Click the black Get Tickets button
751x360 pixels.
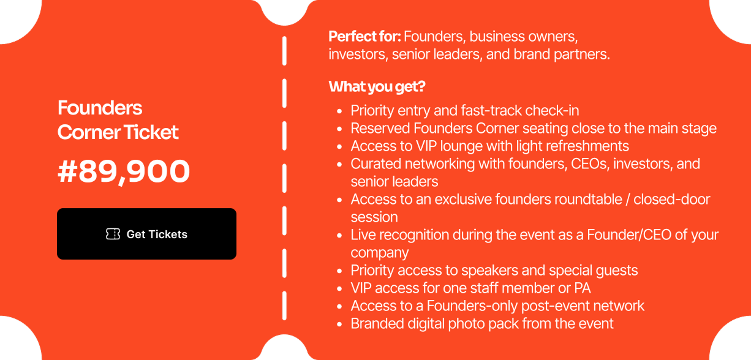(146, 234)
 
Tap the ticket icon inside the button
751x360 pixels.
(113, 234)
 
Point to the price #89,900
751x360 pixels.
(124, 171)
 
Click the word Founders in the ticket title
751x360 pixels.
(100, 108)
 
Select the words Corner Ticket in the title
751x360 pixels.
(118, 132)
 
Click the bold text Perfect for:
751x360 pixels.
(364, 37)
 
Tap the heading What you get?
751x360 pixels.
(377, 87)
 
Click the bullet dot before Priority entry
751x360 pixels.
(339, 111)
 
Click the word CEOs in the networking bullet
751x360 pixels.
(592, 164)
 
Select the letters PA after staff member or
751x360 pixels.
(583, 288)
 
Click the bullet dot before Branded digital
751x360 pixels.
(339, 324)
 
